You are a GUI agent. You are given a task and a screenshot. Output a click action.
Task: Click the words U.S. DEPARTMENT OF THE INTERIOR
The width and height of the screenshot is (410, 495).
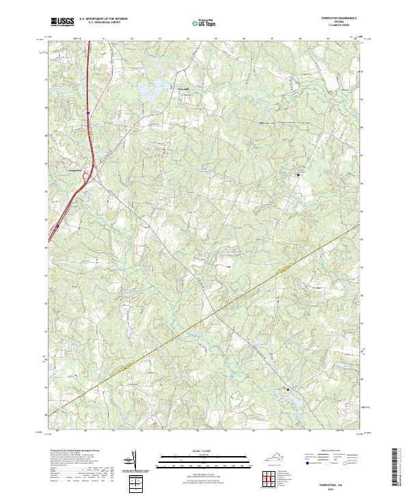coord(103,19)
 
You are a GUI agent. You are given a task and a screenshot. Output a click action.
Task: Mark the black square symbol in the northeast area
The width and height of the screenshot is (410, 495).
coord(298,175)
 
